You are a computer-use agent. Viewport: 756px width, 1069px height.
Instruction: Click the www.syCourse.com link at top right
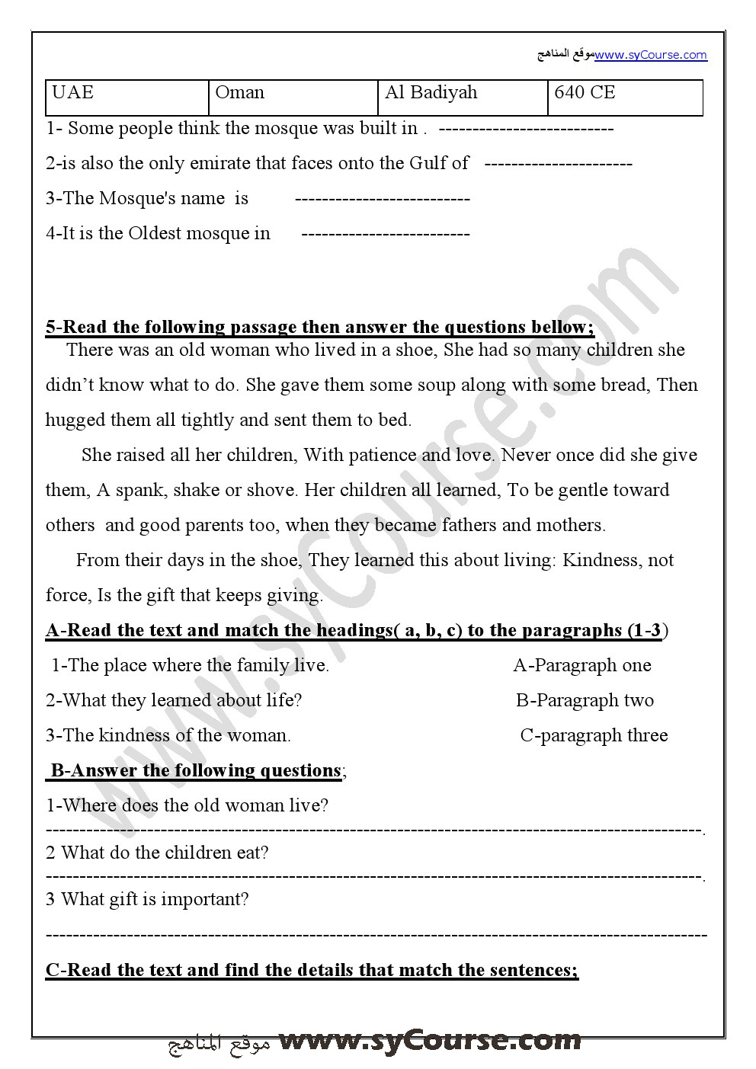tap(651, 55)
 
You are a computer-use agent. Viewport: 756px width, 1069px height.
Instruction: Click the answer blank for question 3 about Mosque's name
tap(382, 200)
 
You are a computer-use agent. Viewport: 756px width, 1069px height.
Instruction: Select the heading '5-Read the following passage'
tap(319, 328)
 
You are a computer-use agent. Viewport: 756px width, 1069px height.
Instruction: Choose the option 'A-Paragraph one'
tap(582, 666)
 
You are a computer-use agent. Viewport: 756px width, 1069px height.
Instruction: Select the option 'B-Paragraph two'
tap(585, 701)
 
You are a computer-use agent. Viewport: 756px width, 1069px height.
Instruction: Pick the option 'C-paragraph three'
tap(594, 736)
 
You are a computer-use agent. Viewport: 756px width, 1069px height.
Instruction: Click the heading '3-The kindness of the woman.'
tap(168, 736)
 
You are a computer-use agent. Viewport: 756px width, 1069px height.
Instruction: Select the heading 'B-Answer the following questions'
tap(196, 771)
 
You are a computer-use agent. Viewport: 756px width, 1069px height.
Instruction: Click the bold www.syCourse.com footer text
tap(430, 1041)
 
